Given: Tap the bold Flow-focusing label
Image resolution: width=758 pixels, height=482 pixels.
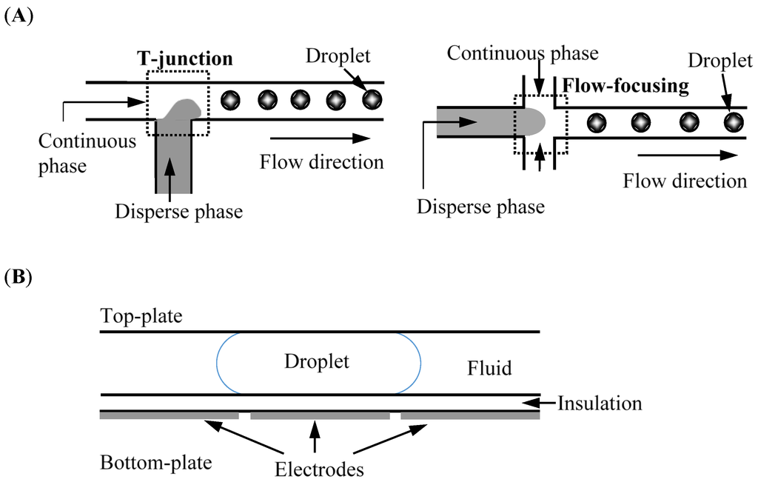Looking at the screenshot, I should coord(625,86).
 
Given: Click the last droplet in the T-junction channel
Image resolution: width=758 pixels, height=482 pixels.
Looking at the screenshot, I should coord(372,99).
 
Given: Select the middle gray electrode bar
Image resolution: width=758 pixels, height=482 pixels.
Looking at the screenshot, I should coord(320,416).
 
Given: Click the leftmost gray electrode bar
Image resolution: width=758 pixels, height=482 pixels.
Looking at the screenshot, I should coord(170,416).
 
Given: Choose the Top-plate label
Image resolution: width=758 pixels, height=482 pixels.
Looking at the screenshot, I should coord(139,318).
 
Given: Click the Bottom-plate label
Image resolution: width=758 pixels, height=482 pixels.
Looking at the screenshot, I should coord(155,463).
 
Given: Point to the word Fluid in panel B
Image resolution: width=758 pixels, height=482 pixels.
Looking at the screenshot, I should coord(489,367).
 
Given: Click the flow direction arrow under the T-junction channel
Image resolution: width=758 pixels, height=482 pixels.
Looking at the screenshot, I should coord(320,138).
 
